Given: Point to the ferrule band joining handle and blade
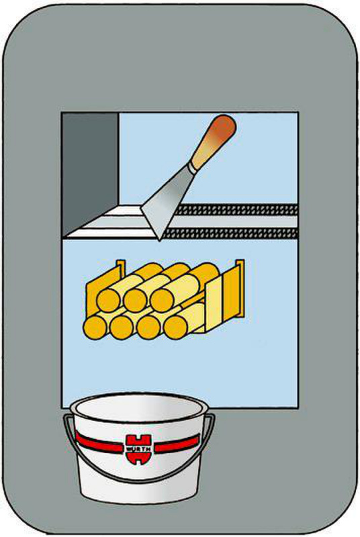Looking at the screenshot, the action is pos(193,168).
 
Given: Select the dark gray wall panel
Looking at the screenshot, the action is pos(90,171).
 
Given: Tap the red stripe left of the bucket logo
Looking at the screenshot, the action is pos(99,442).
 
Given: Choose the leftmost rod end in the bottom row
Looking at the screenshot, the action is pos(95,328).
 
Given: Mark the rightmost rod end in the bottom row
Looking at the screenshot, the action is pos(176,328).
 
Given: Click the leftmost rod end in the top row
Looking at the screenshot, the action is pos(109,301).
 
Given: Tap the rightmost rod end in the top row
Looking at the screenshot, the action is pos(163,301).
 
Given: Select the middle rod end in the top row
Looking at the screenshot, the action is pos(136,301).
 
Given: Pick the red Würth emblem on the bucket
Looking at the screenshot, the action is pos(138,449).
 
